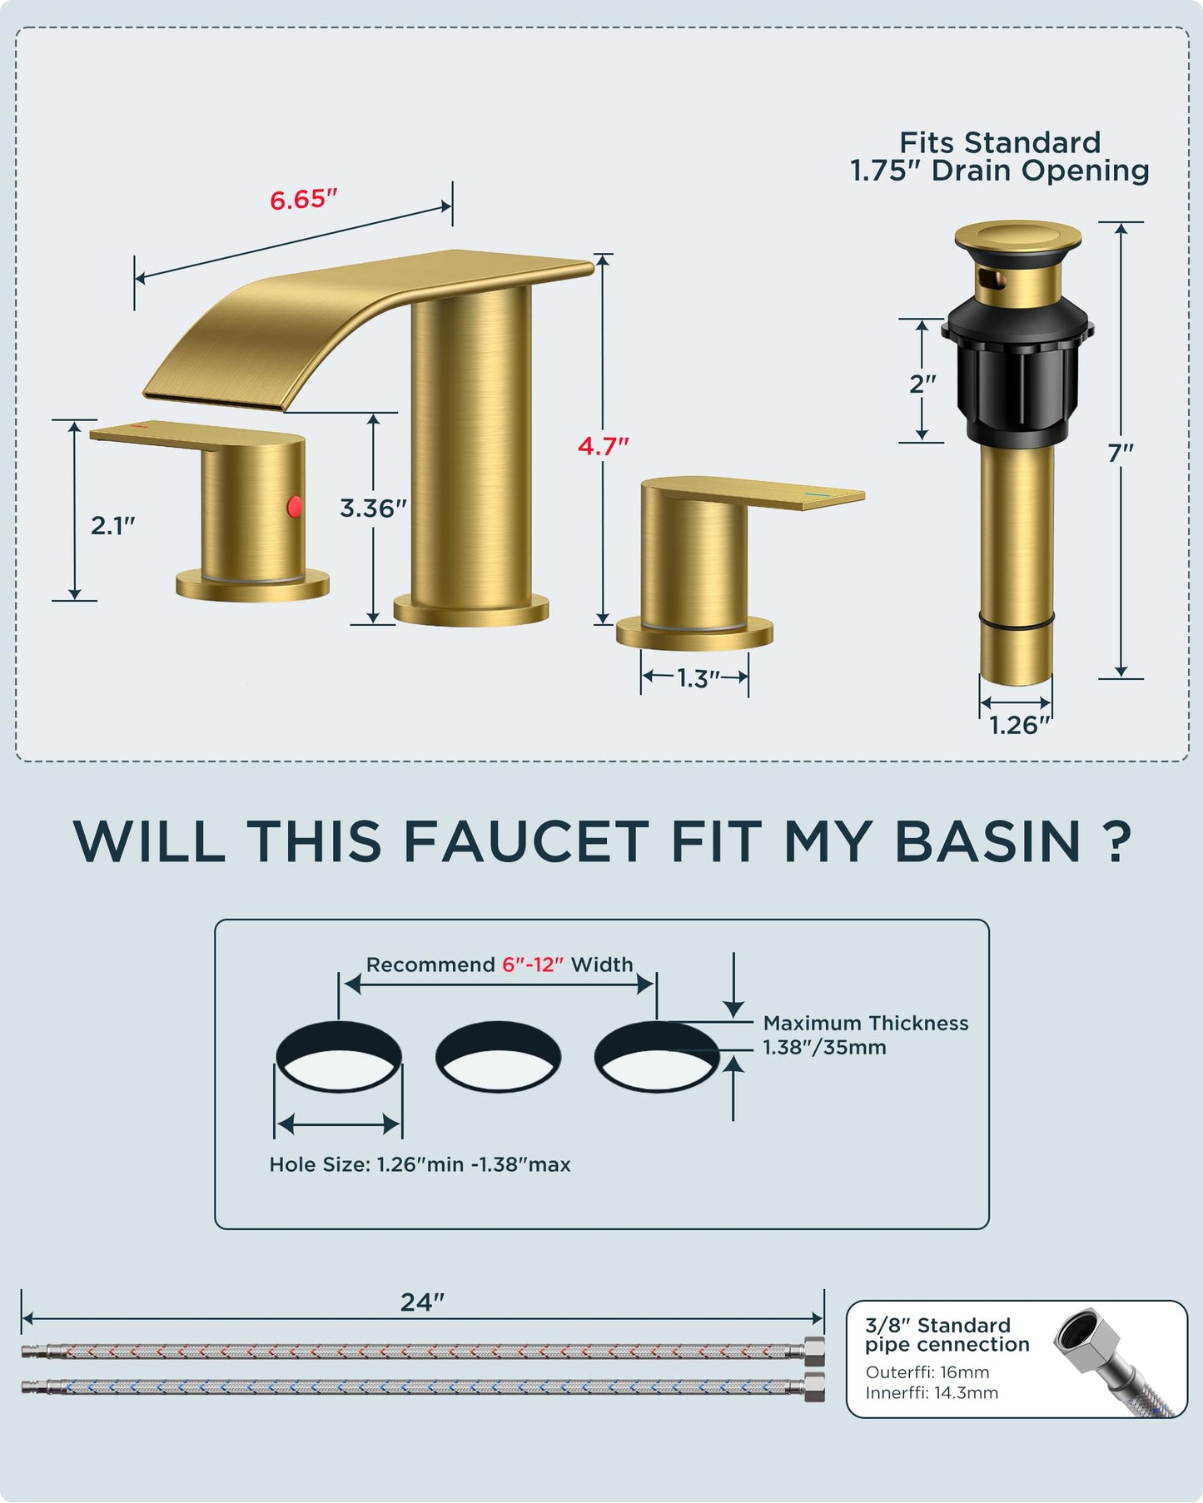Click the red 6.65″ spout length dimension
point(303,200)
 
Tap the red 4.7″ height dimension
point(603,446)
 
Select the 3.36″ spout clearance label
point(373,508)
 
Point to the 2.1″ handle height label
point(112,525)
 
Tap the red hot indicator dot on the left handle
point(295,505)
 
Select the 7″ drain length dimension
point(1121,453)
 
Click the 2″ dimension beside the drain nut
point(922,384)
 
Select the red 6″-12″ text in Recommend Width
point(533,965)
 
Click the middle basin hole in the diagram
point(498,1057)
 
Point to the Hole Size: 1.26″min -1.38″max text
point(420,1164)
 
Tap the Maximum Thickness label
point(865,1023)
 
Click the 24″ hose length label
point(422,1302)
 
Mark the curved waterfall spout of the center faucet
point(275,333)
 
